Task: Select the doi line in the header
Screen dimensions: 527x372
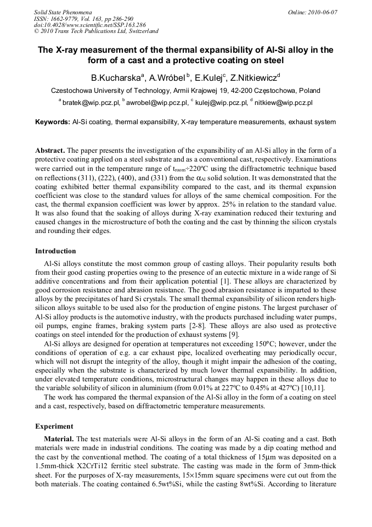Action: point(89,25)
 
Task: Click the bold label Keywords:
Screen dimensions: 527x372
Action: point(53,122)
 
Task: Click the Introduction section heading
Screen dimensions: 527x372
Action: point(55,251)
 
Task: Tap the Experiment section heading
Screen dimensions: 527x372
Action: point(54,426)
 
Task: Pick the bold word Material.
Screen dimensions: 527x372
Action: point(59,439)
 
